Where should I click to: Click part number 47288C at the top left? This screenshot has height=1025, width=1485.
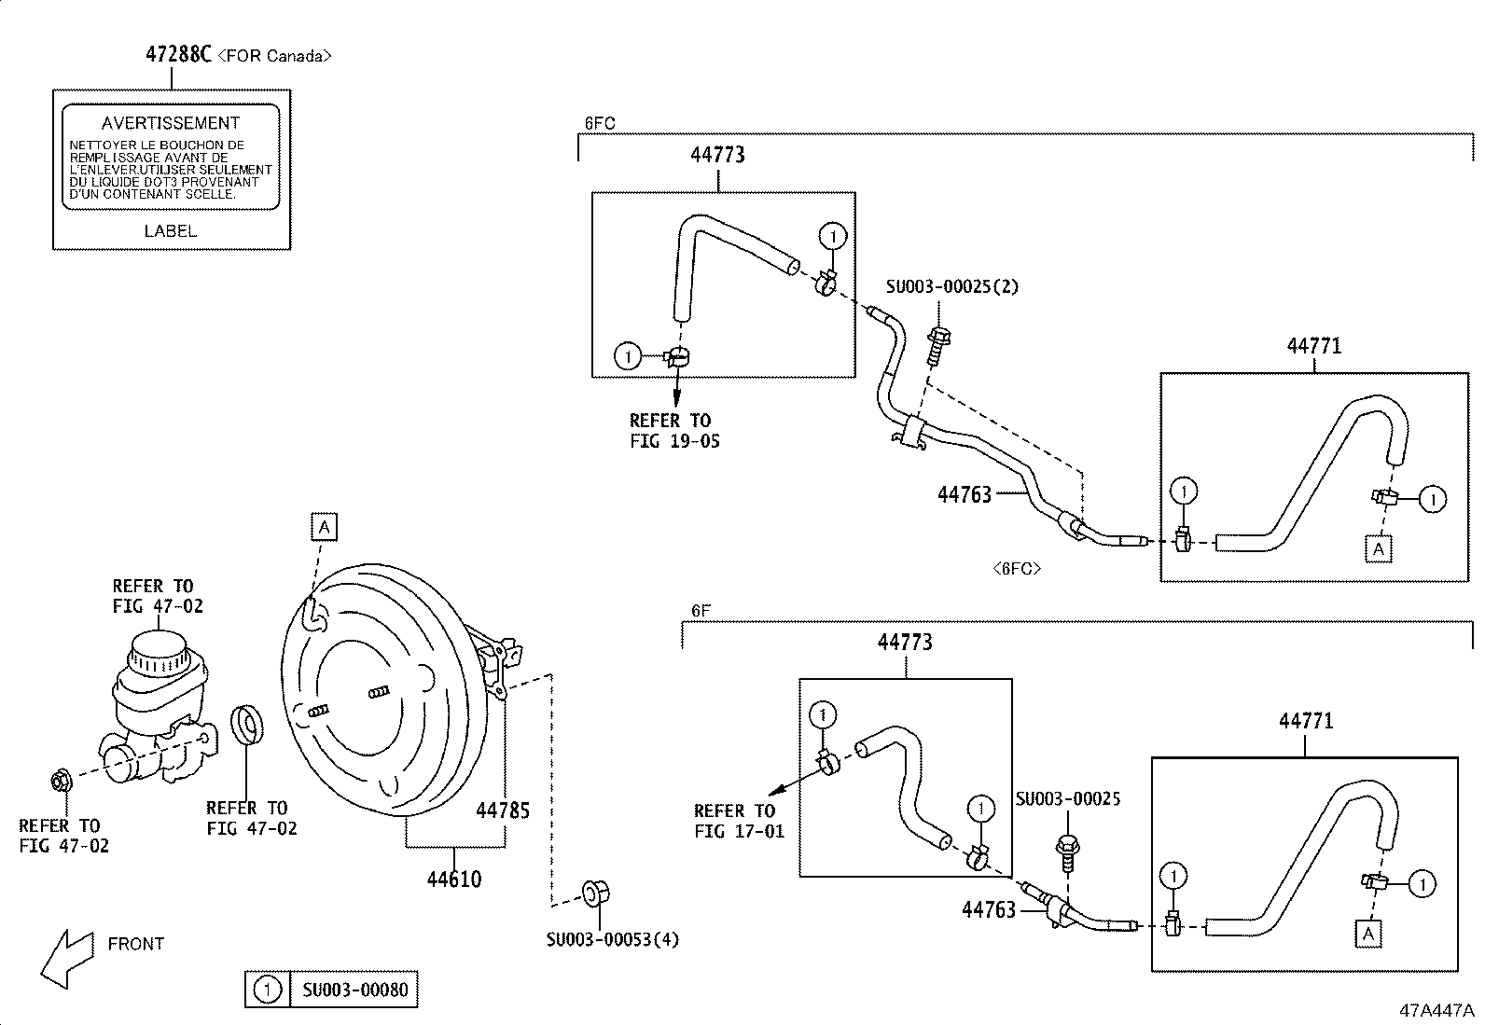click(178, 54)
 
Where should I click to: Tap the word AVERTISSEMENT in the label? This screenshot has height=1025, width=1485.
click(171, 123)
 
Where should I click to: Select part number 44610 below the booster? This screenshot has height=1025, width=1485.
click(454, 879)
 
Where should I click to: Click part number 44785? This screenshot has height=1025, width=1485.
click(503, 810)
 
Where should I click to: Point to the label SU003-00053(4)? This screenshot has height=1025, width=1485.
click(612, 939)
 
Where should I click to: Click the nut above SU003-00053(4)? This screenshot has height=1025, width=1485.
click(591, 893)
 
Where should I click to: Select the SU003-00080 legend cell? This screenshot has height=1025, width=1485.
click(354, 990)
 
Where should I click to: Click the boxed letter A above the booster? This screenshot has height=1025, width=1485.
click(324, 527)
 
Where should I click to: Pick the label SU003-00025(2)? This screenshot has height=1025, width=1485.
click(951, 286)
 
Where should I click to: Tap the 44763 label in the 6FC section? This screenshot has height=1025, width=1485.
click(964, 494)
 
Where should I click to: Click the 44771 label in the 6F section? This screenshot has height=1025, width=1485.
click(1306, 721)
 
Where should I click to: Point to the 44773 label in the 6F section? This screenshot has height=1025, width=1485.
click(905, 642)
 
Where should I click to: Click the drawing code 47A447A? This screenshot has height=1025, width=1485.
click(1435, 1010)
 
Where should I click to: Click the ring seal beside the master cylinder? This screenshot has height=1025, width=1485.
click(248, 727)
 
